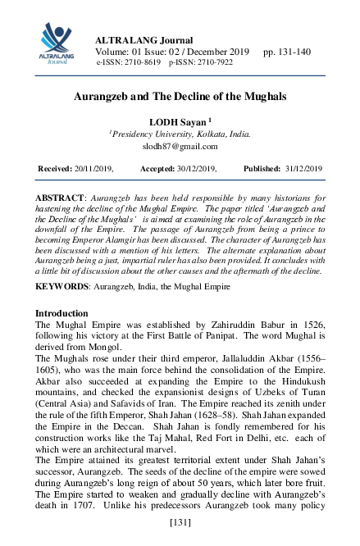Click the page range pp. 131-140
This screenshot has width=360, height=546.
(286, 52)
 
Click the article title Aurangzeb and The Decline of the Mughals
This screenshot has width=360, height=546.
(180, 96)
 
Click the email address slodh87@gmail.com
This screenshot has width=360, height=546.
(180, 147)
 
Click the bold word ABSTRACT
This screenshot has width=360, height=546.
(58, 199)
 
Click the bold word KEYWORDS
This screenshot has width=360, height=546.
(62, 287)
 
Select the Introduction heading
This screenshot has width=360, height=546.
(62, 313)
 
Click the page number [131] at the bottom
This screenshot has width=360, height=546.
(180, 522)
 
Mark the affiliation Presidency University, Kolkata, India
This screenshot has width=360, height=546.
(182, 134)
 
